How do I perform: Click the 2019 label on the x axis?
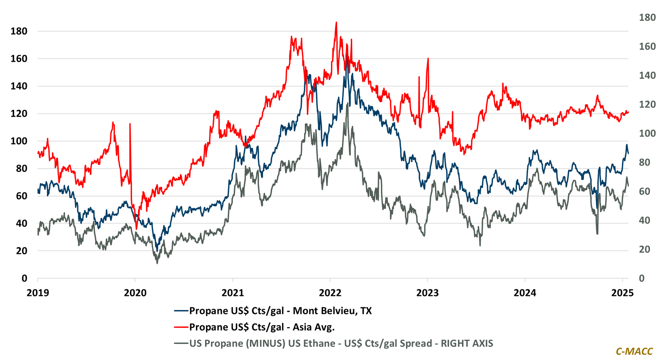pos(37,293)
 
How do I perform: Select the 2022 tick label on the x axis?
pos(330,293)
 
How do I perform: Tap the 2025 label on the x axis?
pos(622,293)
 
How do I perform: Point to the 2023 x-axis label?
pos(427,293)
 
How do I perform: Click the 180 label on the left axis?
pos(19,31)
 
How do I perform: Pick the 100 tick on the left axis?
pos(19,141)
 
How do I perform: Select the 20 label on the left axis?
pos(21,251)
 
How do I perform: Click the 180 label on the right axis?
pos(647,17)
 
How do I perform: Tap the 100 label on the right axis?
pos(647,133)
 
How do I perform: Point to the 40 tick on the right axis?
pos(644,221)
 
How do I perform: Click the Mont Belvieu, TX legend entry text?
pos(280,311)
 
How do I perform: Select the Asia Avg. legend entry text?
pos(262,327)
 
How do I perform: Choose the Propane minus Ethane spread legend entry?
pos(341,343)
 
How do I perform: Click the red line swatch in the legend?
pos(181,327)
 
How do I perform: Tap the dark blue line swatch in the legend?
pos(181,311)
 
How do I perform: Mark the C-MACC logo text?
pos(634,351)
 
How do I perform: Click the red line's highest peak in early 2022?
pos(336,22)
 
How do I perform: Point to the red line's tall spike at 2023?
pos(428,59)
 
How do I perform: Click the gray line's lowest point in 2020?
pos(157,263)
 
